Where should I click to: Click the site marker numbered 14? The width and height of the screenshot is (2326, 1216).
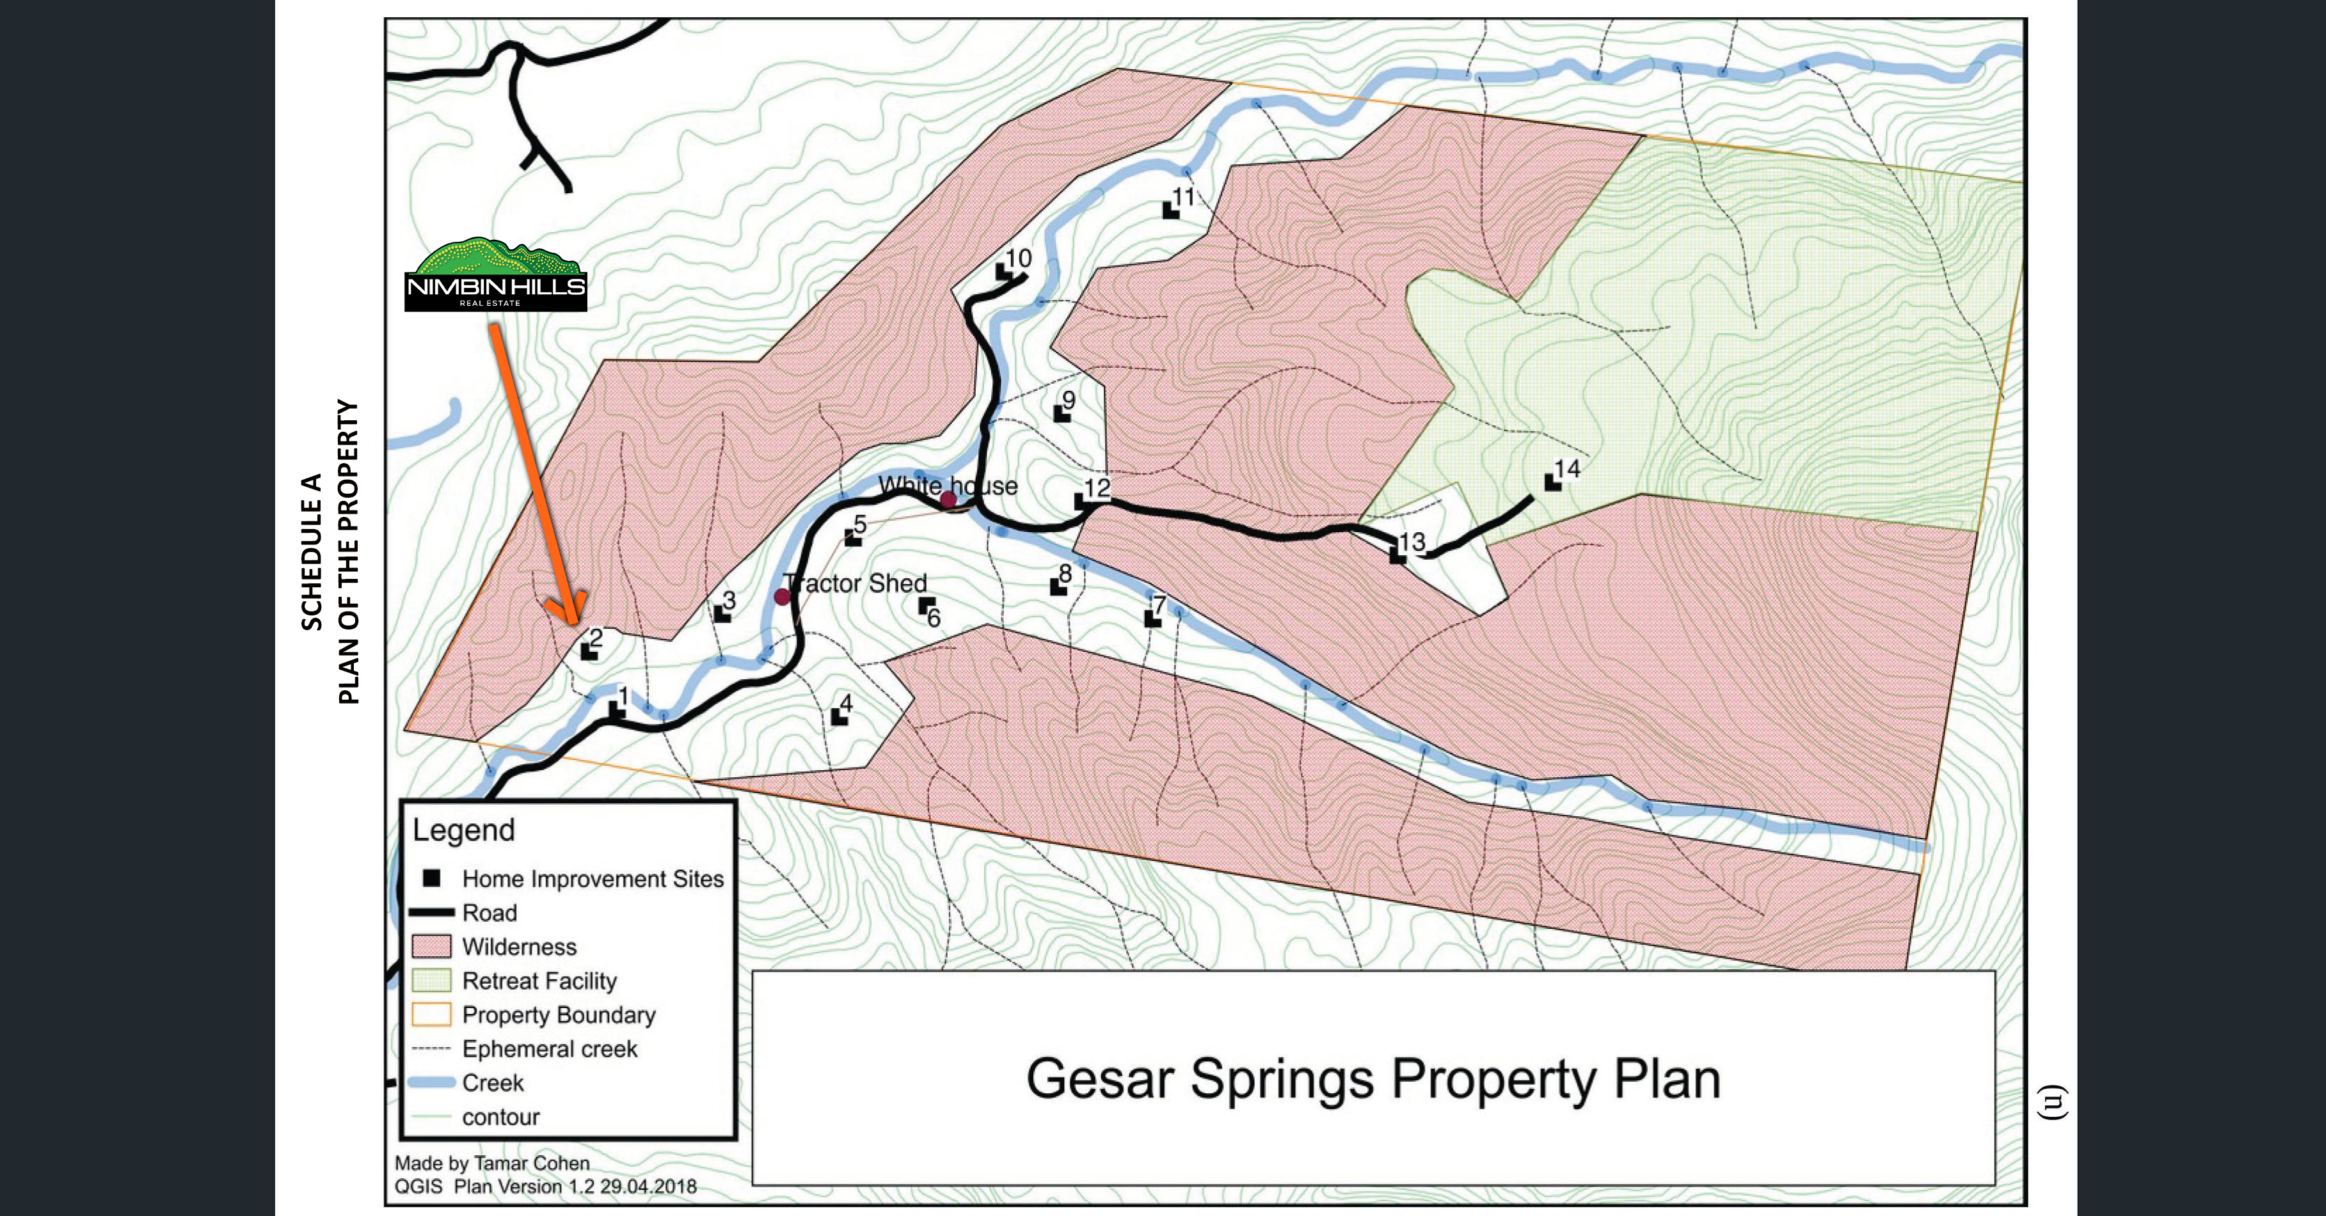click(1552, 482)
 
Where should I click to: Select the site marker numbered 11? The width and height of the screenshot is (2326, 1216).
click(1170, 210)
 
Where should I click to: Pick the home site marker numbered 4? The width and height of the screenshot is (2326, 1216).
click(839, 717)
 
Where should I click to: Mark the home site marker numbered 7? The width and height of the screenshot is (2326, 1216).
click(1152, 619)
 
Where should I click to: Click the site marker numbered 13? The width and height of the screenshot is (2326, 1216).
click(1398, 555)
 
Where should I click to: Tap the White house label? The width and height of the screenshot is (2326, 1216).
click(948, 486)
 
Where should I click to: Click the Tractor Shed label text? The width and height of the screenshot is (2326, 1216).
click(855, 583)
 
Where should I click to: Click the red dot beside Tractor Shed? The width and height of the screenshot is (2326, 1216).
click(782, 597)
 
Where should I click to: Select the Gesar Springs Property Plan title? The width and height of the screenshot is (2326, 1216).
click(1373, 1078)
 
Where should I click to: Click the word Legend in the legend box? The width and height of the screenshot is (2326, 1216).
click(463, 830)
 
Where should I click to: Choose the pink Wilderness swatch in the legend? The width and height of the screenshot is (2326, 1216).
click(431, 946)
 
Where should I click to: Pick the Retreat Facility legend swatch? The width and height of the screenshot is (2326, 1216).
click(431, 981)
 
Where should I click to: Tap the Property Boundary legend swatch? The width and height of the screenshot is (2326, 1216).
click(431, 1015)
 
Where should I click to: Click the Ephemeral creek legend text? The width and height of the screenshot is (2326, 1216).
click(549, 1049)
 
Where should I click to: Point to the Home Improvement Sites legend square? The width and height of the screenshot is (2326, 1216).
click(433, 878)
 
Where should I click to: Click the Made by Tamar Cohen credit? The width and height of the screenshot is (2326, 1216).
click(492, 1164)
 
